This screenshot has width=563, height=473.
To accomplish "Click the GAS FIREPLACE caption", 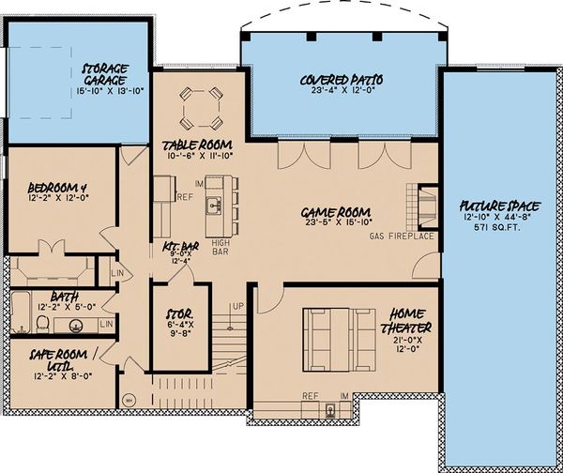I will tap(402, 235).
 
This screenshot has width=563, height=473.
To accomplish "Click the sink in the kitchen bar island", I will tap(214, 203).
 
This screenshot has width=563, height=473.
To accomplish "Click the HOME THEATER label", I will tap(405, 321).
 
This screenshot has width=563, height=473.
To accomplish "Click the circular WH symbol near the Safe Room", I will tap(129, 399).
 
